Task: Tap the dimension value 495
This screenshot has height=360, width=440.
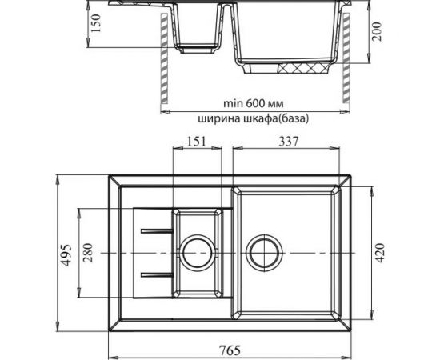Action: (67, 255)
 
